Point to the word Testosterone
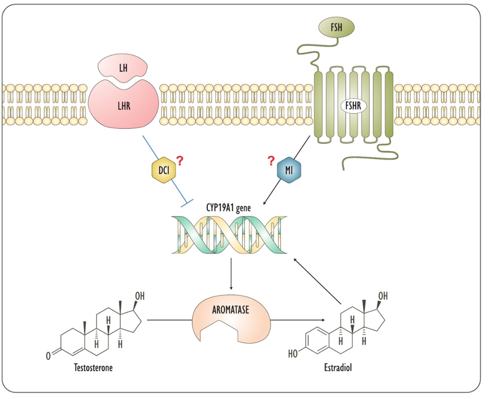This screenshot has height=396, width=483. point(93,368)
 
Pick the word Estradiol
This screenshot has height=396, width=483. point(339,368)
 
